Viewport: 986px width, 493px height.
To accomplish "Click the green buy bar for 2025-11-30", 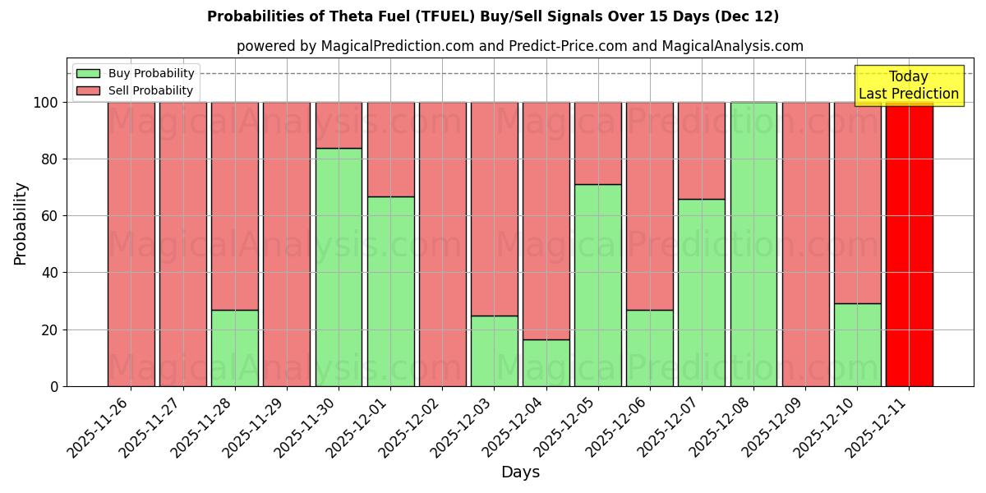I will (x=339, y=267).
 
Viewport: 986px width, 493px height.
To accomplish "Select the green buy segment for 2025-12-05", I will (x=597, y=285).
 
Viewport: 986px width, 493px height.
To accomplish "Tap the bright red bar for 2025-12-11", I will (x=909, y=244).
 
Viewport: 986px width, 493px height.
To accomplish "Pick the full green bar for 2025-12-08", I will (x=753, y=244).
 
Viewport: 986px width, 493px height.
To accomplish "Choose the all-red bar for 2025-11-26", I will (x=131, y=244).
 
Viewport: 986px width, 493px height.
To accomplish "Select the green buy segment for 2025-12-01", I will (x=390, y=291).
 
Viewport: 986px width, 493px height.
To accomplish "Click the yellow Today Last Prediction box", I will (x=908, y=85).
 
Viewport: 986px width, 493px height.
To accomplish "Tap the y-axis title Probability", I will (x=21, y=223).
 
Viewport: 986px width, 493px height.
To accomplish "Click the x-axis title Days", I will (x=520, y=472).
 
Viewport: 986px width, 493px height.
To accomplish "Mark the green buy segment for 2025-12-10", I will (x=857, y=344).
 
